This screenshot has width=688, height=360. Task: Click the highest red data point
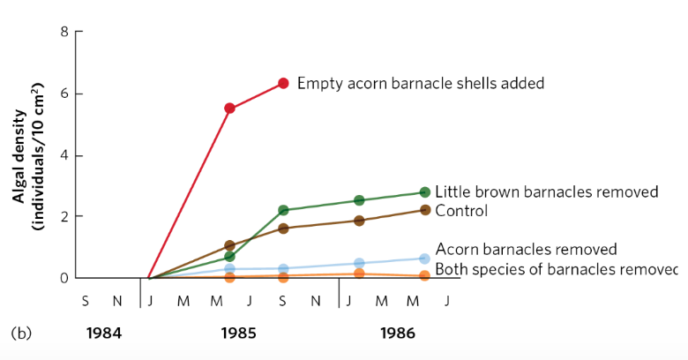point(283,83)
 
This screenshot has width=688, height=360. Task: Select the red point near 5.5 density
point(229,109)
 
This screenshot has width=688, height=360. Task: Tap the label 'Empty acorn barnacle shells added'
point(420,83)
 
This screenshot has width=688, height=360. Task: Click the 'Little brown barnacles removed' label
point(547,192)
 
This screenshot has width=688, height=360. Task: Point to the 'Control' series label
point(461,211)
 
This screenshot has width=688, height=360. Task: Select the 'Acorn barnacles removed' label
point(526,250)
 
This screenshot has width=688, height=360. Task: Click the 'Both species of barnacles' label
point(556,269)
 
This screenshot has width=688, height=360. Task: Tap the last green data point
point(424,192)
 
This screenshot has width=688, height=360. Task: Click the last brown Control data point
point(424,210)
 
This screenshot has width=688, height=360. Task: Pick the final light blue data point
point(424,259)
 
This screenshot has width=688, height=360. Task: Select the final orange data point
point(424,276)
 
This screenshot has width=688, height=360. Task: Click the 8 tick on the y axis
point(64,33)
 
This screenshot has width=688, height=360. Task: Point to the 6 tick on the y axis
point(64,94)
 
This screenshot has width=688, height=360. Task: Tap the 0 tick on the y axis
point(64,278)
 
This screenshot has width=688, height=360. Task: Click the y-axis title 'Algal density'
point(19,155)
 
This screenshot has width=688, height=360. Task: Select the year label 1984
point(103,334)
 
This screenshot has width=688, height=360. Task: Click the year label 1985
point(238,334)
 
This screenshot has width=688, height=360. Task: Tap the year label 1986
point(398,334)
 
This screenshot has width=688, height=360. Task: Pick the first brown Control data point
point(229,245)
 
